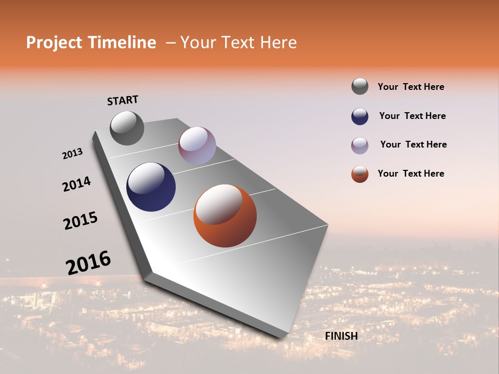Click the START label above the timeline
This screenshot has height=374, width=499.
pyautogui.click(x=123, y=100)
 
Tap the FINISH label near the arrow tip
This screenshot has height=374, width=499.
pyautogui.click(x=341, y=336)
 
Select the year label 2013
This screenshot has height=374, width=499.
pyautogui.click(x=72, y=154)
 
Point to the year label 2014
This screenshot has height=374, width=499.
pyautogui.click(x=76, y=184)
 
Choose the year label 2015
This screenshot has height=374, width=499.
pyautogui.click(x=81, y=220)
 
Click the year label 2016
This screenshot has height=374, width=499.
pyautogui.click(x=88, y=263)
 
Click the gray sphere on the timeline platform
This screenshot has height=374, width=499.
pyautogui.click(x=127, y=128)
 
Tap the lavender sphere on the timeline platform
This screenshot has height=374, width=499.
pyautogui.click(x=197, y=145)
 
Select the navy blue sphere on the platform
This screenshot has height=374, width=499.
pyautogui.click(x=151, y=187)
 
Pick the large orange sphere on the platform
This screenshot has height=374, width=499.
pyautogui.click(x=225, y=216)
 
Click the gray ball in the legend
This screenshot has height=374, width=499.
pyautogui.click(x=360, y=86)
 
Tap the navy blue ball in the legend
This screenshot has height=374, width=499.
pyautogui.click(x=360, y=116)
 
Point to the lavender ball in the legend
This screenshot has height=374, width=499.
pyautogui.click(x=360, y=145)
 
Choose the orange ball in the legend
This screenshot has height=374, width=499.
pyautogui.click(x=360, y=174)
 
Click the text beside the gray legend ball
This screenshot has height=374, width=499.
pyautogui.click(x=411, y=87)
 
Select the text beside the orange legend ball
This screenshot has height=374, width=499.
pyautogui.click(x=411, y=173)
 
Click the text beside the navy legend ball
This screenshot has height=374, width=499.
pyautogui.click(x=412, y=116)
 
